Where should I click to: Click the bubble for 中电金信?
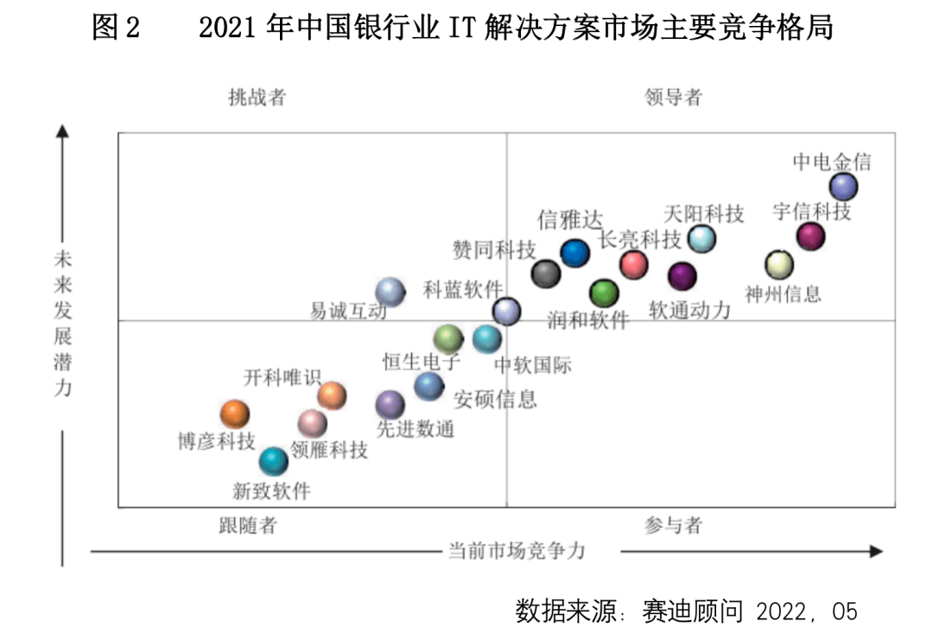pyautogui.click(x=843, y=186)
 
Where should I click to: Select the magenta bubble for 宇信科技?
pyautogui.click(x=810, y=235)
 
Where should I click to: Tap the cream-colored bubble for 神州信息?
pyautogui.click(x=779, y=264)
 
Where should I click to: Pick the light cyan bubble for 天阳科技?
pyautogui.click(x=701, y=238)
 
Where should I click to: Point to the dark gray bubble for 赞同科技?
pyautogui.click(x=546, y=273)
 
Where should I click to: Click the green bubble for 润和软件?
pyautogui.click(x=604, y=294)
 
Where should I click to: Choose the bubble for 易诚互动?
pyautogui.click(x=390, y=293)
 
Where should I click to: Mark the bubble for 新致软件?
pyautogui.click(x=274, y=461)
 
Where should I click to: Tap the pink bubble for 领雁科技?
pyautogui.click(x=313, y=423)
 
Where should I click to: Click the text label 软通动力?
pyautogui.click(x=690, y=309)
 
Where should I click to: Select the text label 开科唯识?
pyautogui.click(x=282, y=377)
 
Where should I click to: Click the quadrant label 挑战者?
pyautogui.click(x=257, y=97)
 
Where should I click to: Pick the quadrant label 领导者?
pyautogui.click(x=673, y=97)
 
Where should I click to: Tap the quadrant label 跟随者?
pyautogui.click(x=247, y=525)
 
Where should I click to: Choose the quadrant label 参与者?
pyautogui.click(x=673, y=525)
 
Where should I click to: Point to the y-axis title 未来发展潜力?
pyautogui.click(x=63, y=323)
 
